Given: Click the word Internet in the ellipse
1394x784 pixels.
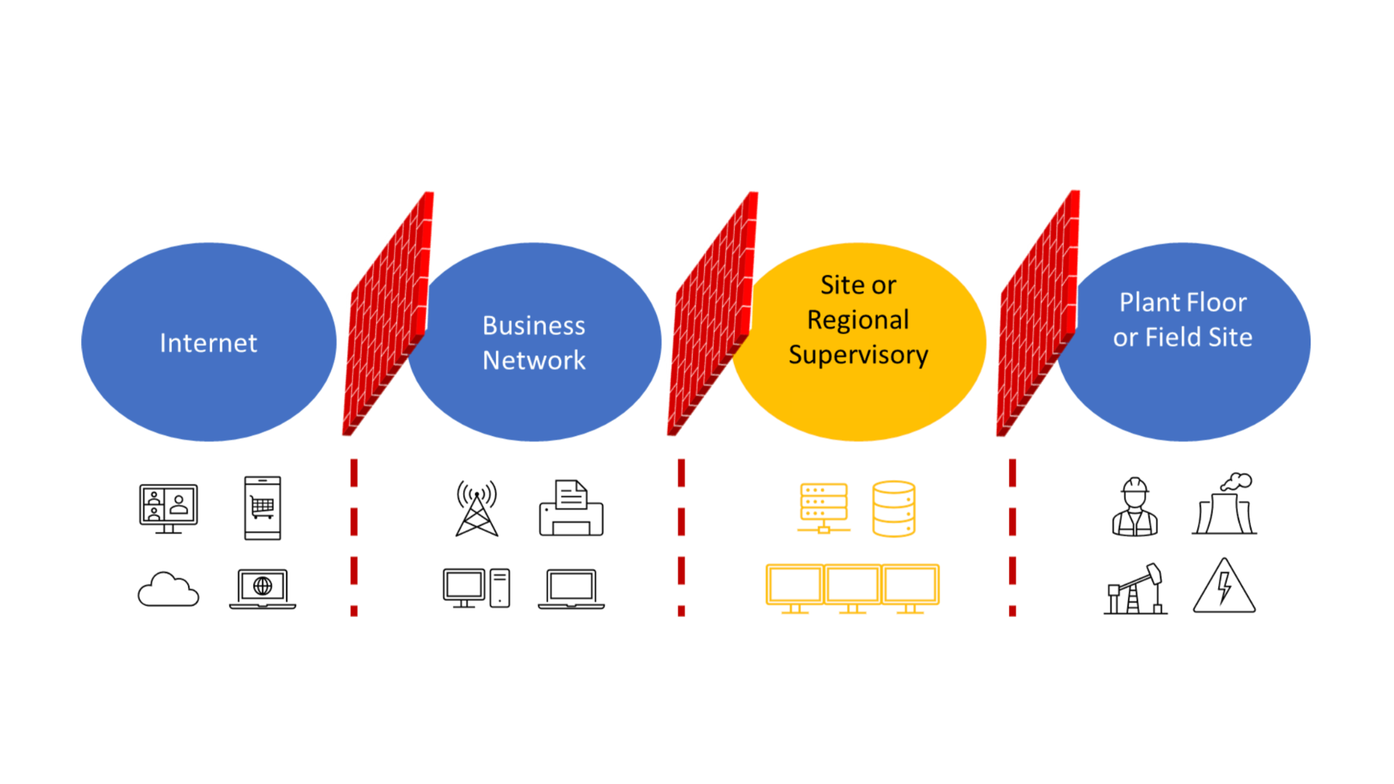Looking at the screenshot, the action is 208,343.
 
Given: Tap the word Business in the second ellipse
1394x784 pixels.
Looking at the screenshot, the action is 534,326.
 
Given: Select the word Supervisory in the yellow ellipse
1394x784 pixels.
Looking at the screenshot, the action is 858,355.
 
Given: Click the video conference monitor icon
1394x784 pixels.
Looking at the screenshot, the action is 168,508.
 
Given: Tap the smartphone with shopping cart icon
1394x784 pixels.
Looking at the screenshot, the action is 263,508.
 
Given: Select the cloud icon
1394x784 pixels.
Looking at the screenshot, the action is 168,589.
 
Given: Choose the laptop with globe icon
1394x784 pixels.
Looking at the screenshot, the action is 263,589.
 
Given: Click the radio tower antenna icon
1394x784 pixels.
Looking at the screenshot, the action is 477,509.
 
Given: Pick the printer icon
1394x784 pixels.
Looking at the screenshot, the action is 571,508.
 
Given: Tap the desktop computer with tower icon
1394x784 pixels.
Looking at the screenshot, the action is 476,588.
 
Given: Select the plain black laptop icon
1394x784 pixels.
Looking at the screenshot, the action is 571,589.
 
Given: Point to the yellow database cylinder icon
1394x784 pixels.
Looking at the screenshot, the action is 894,509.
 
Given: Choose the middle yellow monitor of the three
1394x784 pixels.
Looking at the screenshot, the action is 852,589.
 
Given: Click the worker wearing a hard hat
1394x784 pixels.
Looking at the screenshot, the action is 1135,507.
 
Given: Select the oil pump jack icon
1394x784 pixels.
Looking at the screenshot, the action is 1136,589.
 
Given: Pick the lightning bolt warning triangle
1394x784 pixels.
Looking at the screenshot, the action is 1225,586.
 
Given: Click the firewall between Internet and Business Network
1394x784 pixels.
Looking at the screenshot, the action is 388,314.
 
